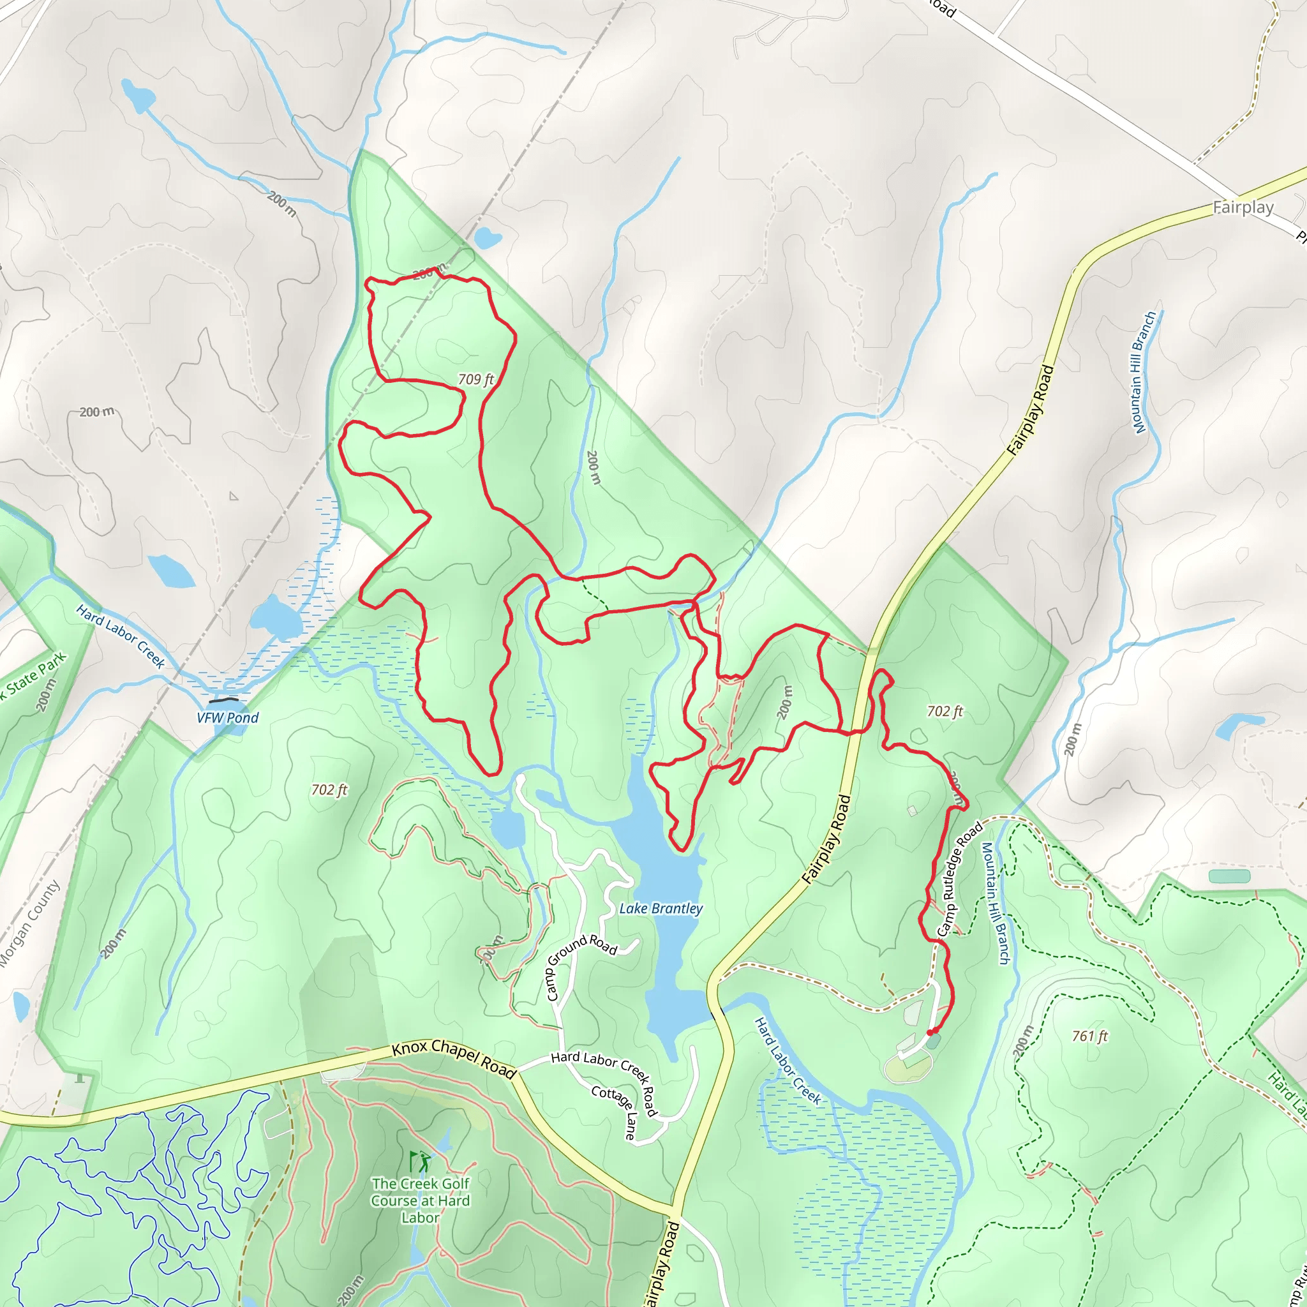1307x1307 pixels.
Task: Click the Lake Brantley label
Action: pyautogui.click(x=661, y=909)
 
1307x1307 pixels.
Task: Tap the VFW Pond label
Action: pyautogui.click(x=228, y=718)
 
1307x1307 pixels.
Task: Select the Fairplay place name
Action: pyautogui.click(x=1243, y=207)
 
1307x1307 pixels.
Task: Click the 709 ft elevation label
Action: pyautogui.click(x=475, y=380)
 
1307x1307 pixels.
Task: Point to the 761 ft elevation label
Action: pyautogui.click(x=1090, y=1036)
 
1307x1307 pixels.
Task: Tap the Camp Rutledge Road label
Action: pyautogui.click(x=960, y=879)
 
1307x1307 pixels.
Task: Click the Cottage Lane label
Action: pyautogui.click(x=615, y=1112)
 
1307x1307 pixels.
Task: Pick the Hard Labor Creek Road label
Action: pyautogui.click(x=604, y=1083)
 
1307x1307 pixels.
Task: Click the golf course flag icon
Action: pyautogui.click(x=419, y=1161)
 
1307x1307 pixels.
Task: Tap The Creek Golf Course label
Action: pyautogui.click(x=420, y=1200)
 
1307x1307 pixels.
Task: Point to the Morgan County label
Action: pyautogui.click(x=29, y=923)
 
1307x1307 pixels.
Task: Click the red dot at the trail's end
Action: pyautogui.click(x=931, y=1032)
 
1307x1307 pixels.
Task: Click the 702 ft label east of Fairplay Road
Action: pyautogui.click(x=945, y=711)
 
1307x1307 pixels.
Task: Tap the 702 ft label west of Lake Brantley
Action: pyautogui.click(x=329, y=789)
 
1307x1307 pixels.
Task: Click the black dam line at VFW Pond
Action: pyautogui.click(x=224, y=700)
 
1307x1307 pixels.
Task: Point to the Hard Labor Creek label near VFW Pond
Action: pyautogui.click(x=121, y=636)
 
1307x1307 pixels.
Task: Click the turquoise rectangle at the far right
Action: pyautogui.click(x=1229, y=876)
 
